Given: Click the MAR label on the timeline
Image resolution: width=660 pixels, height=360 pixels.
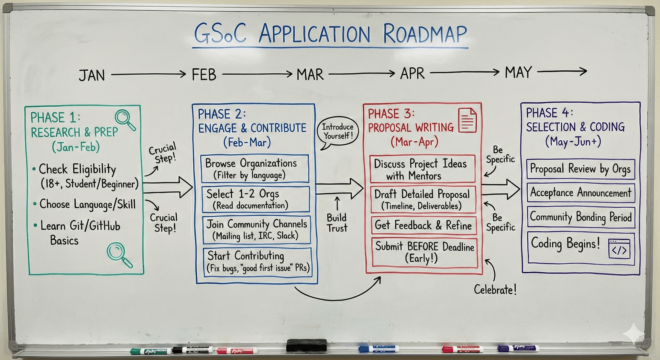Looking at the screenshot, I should (310, 75).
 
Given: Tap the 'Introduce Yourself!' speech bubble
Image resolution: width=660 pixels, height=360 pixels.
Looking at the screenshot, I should (338, 132).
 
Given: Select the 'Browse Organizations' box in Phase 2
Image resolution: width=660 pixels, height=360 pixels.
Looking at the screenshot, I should (254, 168).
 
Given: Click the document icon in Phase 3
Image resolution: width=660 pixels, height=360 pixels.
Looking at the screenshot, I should (467, 120).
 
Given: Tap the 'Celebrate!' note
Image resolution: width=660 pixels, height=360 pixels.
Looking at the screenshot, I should (495, 290).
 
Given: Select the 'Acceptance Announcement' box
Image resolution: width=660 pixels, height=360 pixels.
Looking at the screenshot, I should (580, 193).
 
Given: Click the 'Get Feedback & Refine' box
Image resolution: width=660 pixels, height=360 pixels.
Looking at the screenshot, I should (423, 226).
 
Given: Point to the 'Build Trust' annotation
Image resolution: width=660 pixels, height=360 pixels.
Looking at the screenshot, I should (337, 222).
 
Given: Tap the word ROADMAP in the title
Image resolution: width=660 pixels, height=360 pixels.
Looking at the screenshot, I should (425, 34).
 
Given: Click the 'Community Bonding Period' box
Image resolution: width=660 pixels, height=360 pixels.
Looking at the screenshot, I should (581, 217).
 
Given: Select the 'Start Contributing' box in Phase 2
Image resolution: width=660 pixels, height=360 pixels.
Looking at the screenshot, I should (257, 261).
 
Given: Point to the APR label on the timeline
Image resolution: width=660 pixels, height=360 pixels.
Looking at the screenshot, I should (412, 74).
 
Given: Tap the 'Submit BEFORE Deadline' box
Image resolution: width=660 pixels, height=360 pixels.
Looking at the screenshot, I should (424, 252).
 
